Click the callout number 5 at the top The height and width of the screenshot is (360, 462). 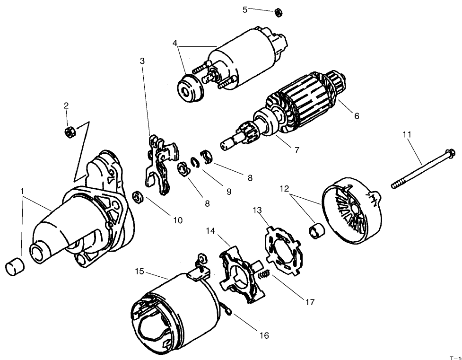(x=245, y=9)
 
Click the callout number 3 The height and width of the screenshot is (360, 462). (x=142, y=61)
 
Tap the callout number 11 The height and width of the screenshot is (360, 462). (x=407, y=134)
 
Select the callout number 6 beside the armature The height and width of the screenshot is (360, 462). (x=356, y=116)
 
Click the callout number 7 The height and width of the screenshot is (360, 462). (x=296, y=150)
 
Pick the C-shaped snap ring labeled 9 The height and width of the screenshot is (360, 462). (x=195, y=162)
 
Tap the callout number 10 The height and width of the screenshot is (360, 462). (x=177, y=220)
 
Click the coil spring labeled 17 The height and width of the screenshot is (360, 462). (x=265, y=275)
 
